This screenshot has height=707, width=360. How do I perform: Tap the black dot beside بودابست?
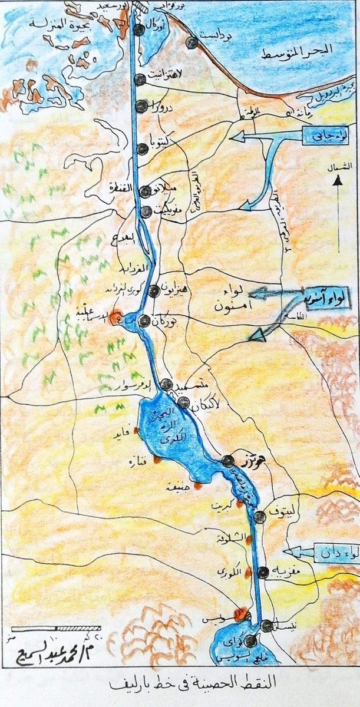click(191, 42)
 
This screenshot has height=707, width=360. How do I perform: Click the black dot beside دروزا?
click(141, 105)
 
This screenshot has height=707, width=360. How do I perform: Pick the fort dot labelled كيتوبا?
click(142, 149)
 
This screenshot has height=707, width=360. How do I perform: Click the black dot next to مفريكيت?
click(146, 212)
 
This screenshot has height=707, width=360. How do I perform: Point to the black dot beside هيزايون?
click(154, 290)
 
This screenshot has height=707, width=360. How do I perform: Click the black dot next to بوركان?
click(144, 321)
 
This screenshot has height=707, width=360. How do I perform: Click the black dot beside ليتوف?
click(259, 517)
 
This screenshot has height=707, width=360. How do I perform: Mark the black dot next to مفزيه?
click(263, 571)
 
